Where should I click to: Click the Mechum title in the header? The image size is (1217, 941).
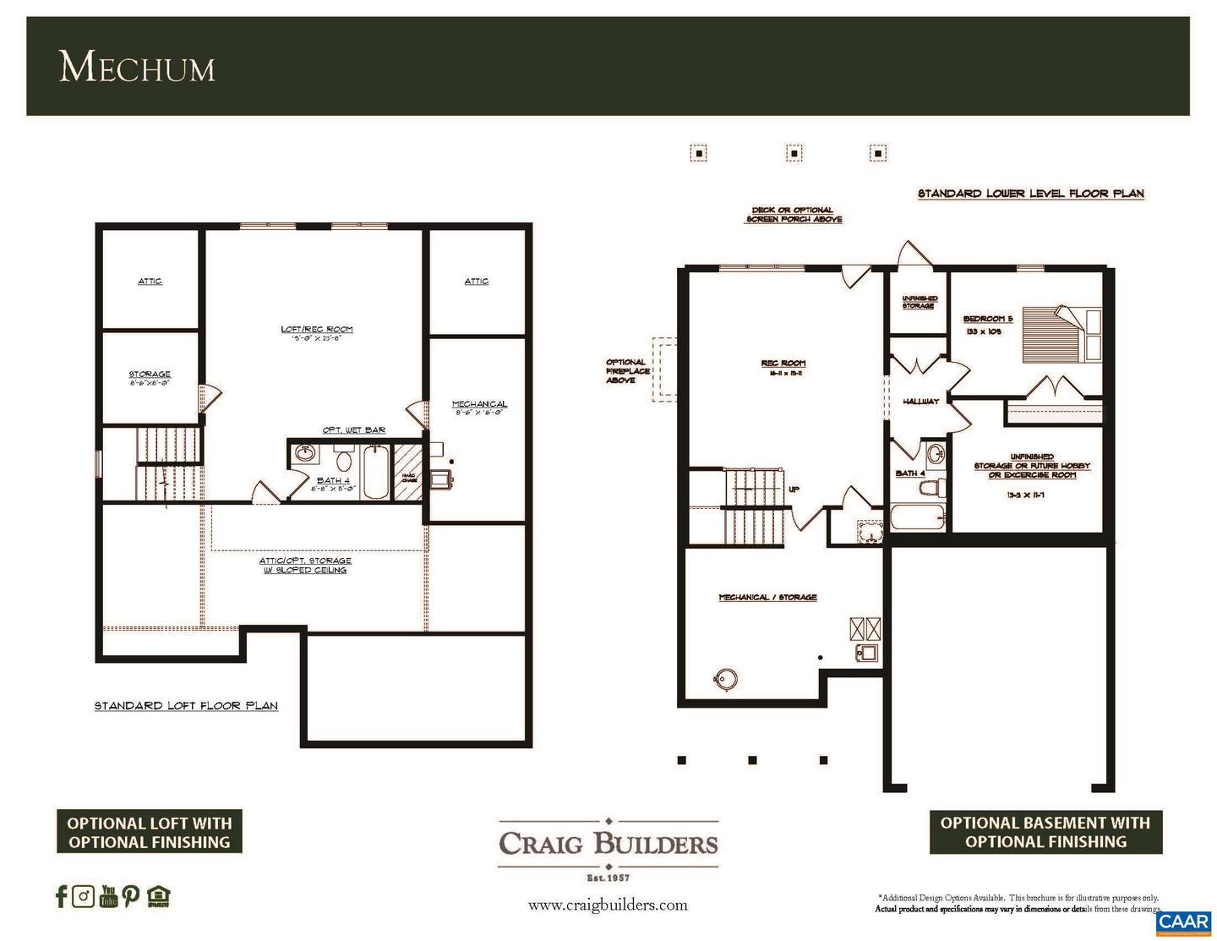(137, 67)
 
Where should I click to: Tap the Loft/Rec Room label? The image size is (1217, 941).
(317, 330)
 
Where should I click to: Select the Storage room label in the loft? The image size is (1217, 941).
(150, 375)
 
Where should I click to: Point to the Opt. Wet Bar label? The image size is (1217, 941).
(353, 429)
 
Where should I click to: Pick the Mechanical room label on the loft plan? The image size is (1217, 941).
(479, 404)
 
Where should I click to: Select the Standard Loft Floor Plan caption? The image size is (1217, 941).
(186, 705)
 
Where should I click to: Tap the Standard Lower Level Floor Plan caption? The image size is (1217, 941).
(1030, 194)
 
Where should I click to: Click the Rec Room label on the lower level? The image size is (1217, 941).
(783, 364)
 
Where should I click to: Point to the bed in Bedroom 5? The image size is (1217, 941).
(1061, 334)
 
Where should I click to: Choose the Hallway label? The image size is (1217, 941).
(920, 401)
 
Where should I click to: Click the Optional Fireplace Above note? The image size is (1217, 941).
(626, 371)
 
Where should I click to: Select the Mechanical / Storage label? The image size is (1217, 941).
(767, 597)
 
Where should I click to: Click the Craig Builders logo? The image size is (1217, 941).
(608, 843)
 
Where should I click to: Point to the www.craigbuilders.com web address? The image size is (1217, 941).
(608, 905)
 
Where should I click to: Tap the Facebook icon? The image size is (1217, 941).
(60, 896)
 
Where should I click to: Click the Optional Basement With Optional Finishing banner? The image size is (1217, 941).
(1045, 832)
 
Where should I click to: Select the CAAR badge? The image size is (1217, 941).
(1183, 922)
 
